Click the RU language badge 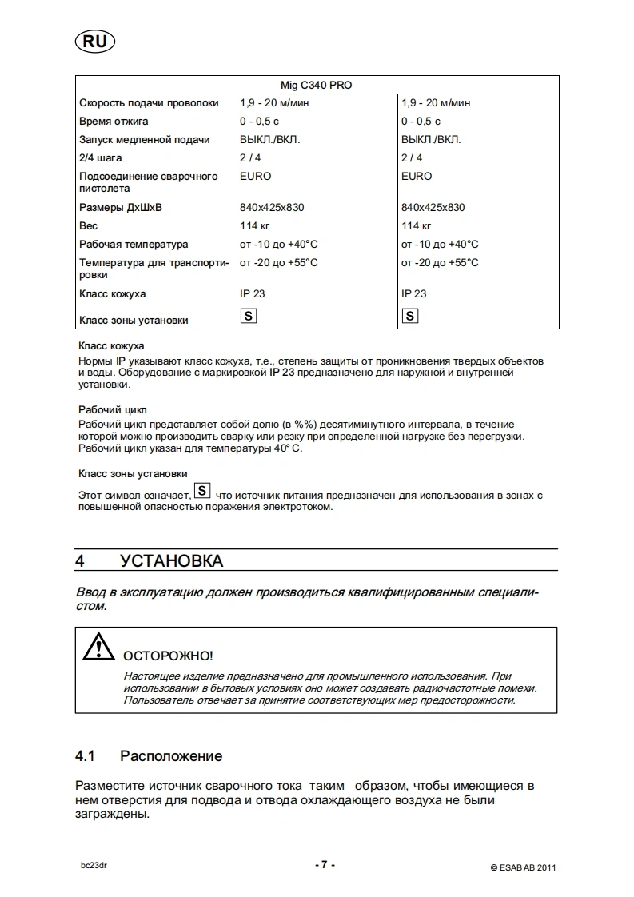coord(94,41)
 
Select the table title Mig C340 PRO coord(317,85)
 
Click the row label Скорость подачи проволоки coord(149,103)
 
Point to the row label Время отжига coord(114,122)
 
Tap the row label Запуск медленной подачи coord(145,140)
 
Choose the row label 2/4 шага coord(101,158)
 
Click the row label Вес coord(89,226)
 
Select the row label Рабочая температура coord(134,245)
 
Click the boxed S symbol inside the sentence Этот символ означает coord(203,490)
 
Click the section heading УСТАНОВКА coord(172,561)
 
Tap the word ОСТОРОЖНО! coord(167,656)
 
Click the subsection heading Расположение coord(171,756)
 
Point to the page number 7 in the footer coord(323,865)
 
